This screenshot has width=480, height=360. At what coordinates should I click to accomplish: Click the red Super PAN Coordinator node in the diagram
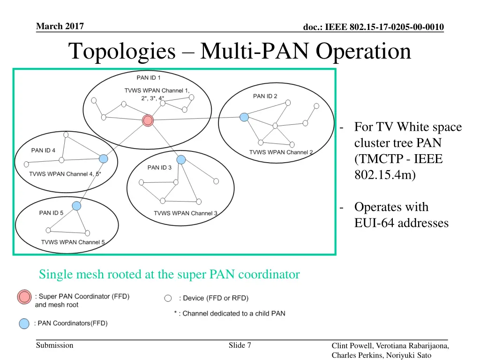tap(148, 120)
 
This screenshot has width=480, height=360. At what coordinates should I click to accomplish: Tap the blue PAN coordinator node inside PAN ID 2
tap(244, 117)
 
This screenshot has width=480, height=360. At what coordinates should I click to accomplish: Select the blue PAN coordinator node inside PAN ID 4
tap(104, 159)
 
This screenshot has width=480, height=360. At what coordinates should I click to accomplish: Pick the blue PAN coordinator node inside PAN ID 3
tap(181, 159)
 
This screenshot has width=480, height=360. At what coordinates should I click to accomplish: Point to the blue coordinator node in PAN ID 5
tap(76, 206)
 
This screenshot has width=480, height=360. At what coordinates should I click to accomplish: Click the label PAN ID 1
tap(149, 78)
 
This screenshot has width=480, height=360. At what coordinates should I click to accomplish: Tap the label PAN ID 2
tap(265, 96)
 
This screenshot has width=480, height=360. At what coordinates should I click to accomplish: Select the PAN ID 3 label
tap(159, 167)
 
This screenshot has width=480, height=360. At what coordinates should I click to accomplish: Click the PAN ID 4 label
tap(43, 150)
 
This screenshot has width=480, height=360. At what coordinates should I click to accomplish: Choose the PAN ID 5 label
tap(51, 213)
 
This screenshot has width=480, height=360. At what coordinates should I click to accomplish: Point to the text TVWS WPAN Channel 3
tap(186, 213)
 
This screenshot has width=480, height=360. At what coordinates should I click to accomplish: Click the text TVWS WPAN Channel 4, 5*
tap(65, 174)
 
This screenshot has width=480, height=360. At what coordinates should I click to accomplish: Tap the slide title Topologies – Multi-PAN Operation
tap(240, 51)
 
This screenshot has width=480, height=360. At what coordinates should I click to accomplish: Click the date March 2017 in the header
tap(60, 26)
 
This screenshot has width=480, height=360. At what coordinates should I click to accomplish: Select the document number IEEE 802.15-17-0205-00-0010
tap(373, 27)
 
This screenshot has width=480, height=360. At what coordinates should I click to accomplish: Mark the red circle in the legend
tap(24, 296)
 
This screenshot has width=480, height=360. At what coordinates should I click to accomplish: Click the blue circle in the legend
tap(24, 323)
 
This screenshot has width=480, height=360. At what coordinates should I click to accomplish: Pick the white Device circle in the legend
tap(168, 298)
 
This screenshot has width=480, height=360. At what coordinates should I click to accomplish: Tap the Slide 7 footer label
tap(240, 345)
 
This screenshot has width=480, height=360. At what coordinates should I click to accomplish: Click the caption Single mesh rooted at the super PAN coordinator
tap(169, 275)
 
